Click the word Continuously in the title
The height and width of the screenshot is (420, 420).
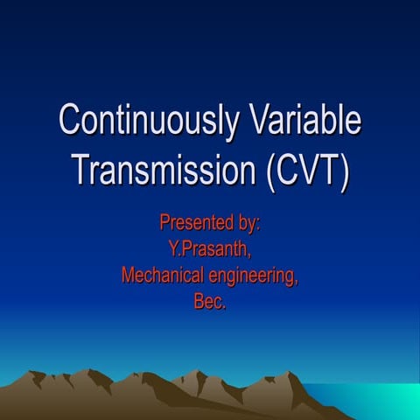(145, 121)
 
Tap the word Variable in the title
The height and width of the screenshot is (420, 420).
(299, 121)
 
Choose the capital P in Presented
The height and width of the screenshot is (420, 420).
(164, 222)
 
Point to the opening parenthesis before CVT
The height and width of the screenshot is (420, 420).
(269, 168)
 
